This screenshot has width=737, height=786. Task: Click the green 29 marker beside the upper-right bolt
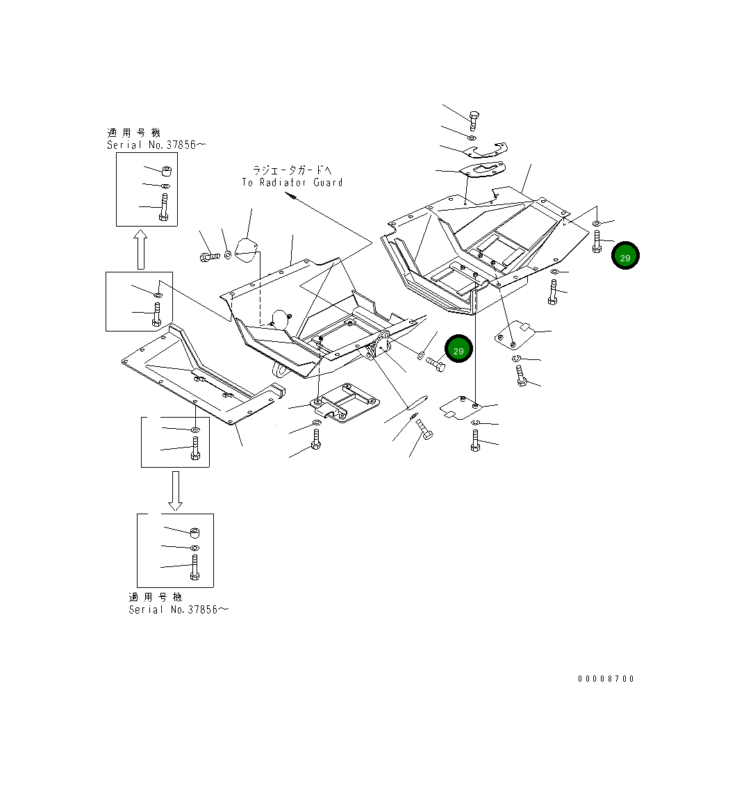(x=624, y=256)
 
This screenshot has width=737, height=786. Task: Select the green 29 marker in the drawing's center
(x=458, y=349)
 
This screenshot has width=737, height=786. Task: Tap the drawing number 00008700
(x=606, y=679)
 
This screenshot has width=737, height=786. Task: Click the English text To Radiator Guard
(x=292, y=183)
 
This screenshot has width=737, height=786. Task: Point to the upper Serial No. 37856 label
(x=156, y=145)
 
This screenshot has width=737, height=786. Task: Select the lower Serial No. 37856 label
(x=178, y=609)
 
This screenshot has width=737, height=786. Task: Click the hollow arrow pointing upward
(x=141, y=249)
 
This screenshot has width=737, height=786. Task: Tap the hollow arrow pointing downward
(x=175, y=491)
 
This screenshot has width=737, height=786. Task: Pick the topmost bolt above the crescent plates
(x=474, y=120)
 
